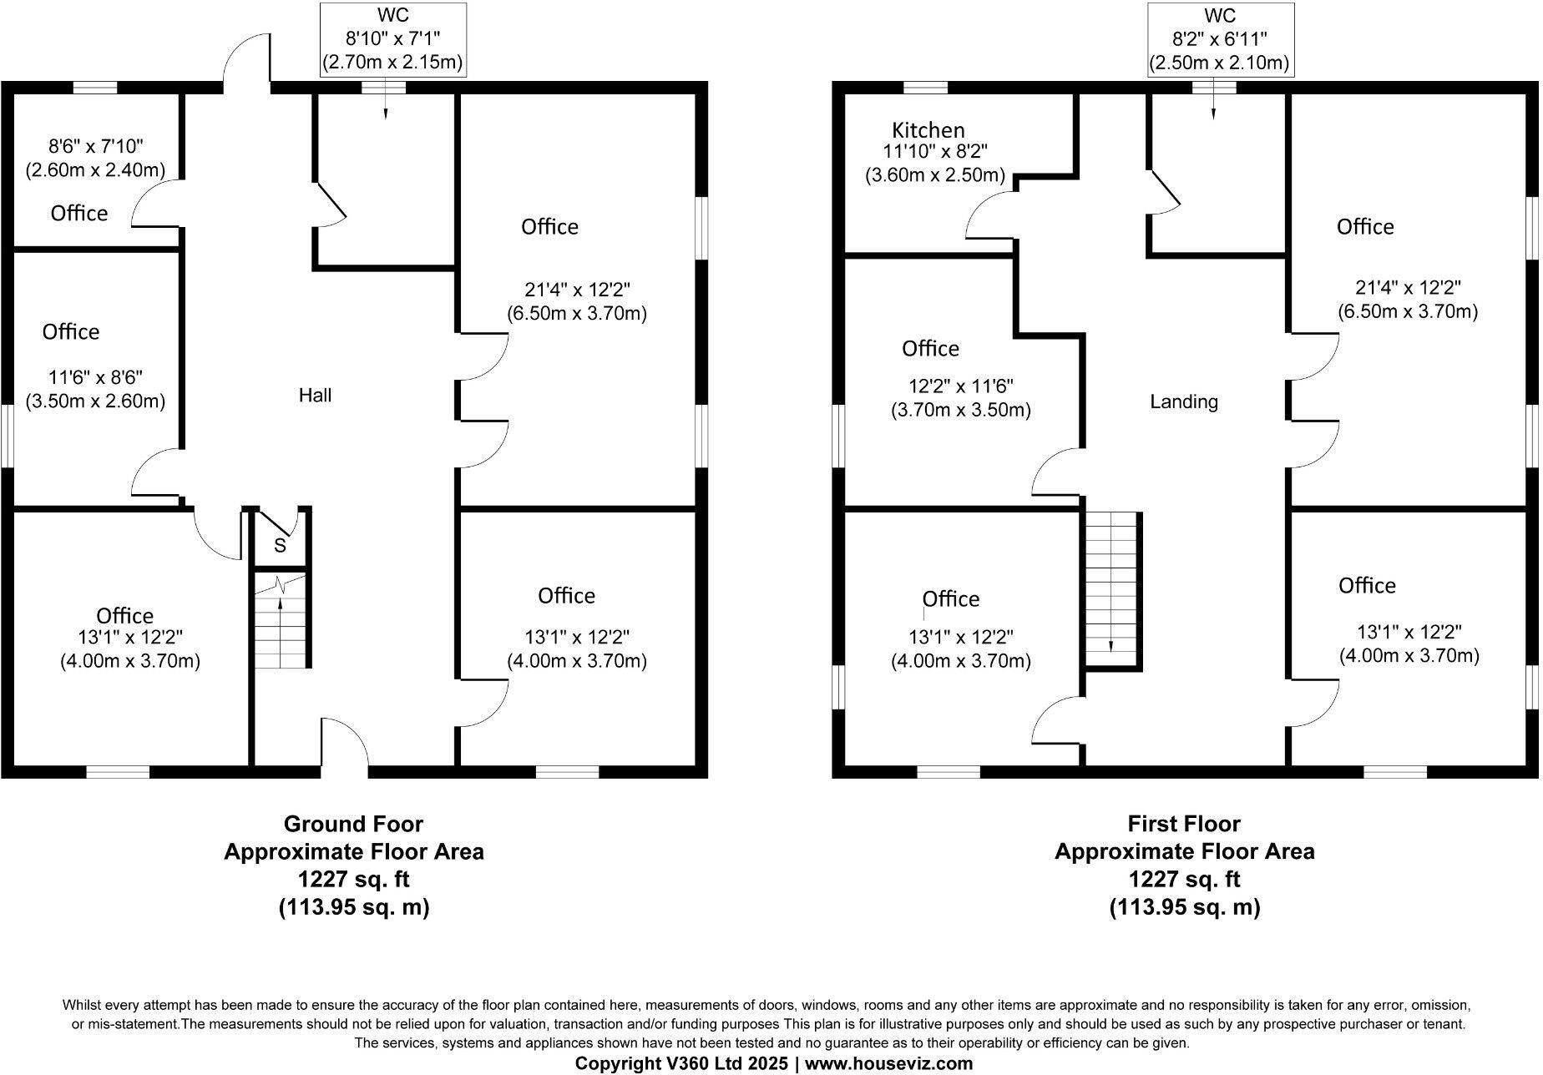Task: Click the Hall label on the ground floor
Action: [316, 396]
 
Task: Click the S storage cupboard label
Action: [281, 547]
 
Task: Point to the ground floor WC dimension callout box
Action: [392, 39]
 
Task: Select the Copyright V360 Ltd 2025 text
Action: [681, 1064]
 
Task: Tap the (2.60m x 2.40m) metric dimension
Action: [94, 170]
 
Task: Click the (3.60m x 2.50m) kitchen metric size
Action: [935, 176]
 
